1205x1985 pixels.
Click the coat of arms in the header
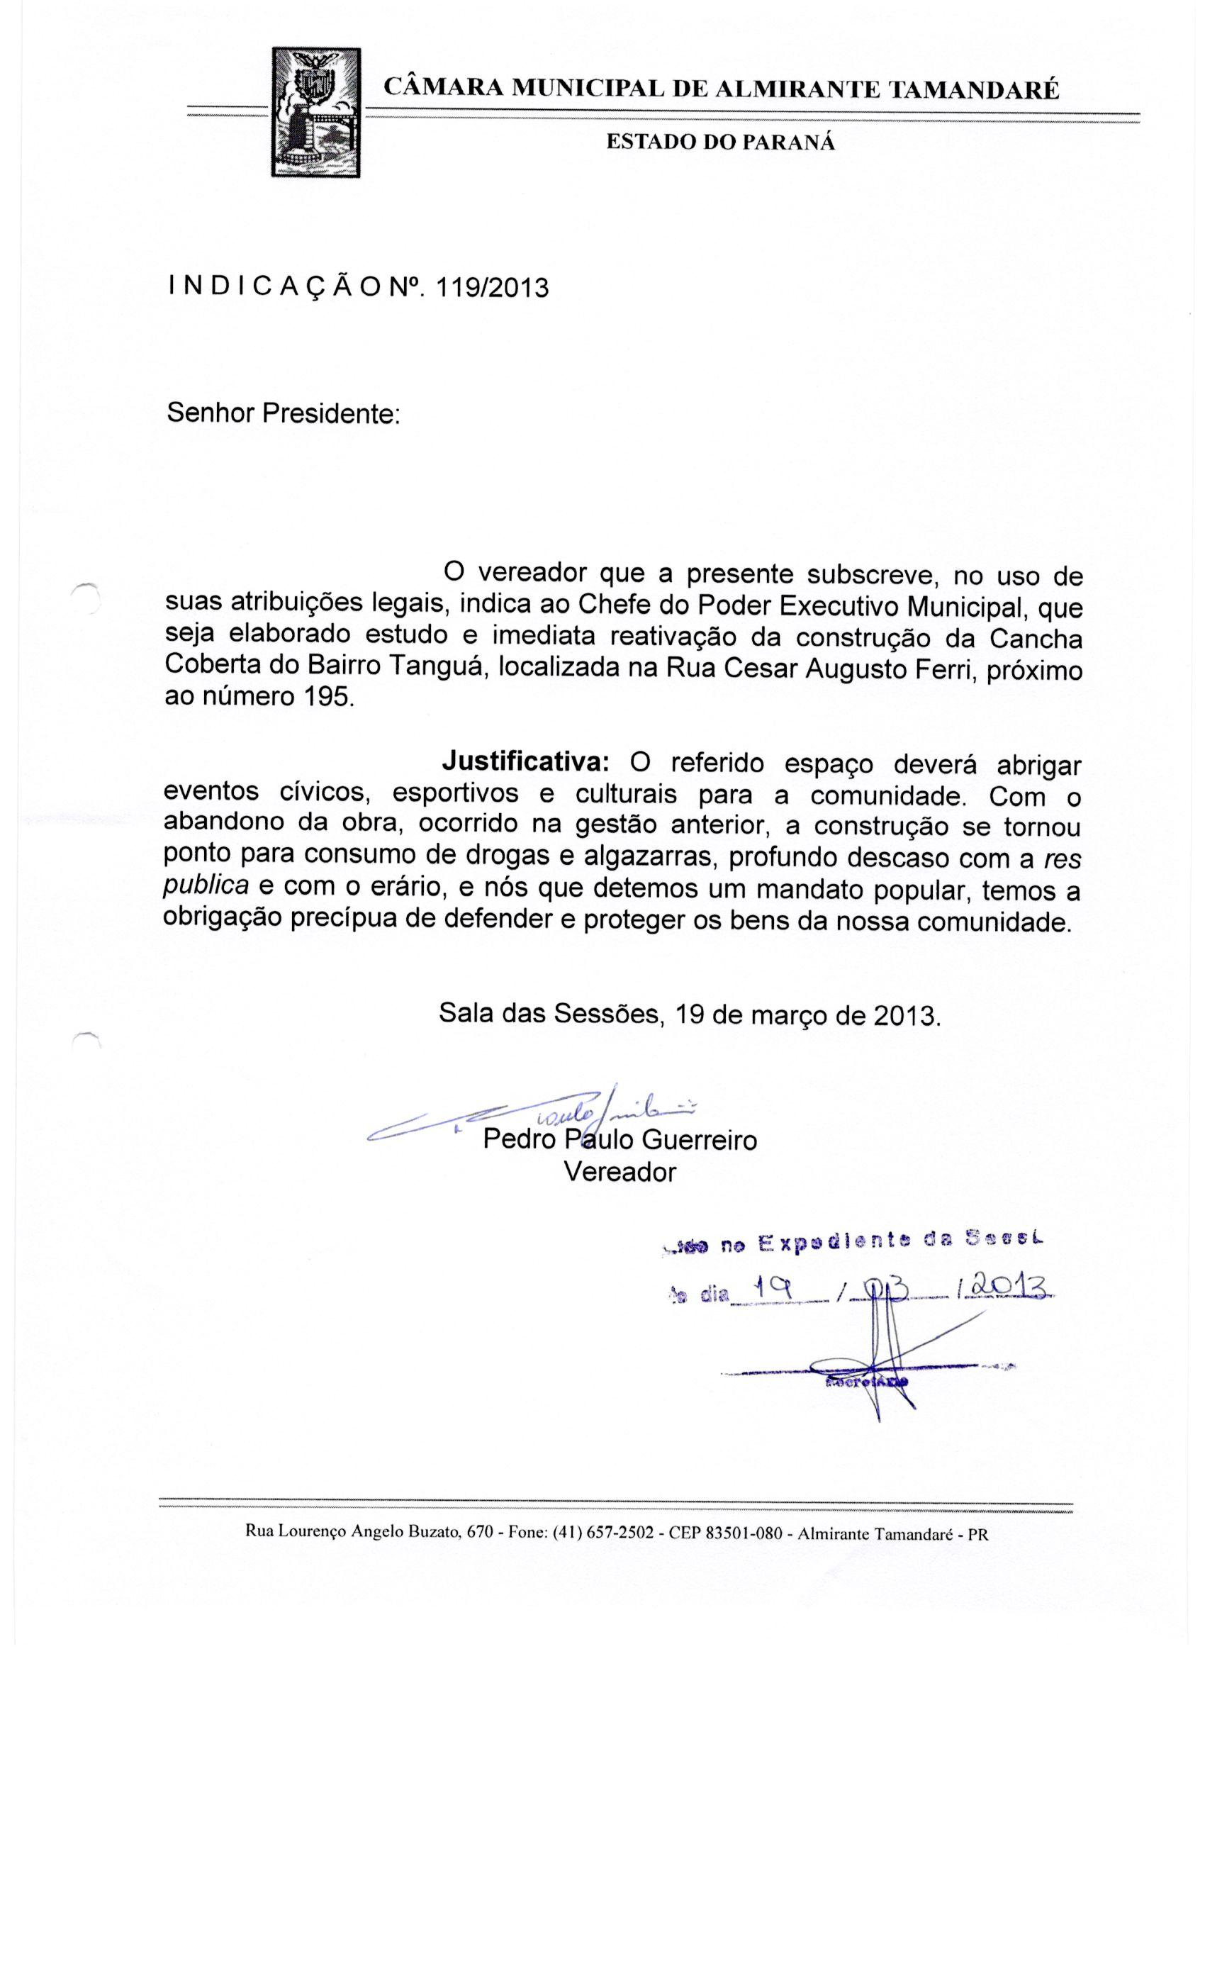click(x=315, y=112)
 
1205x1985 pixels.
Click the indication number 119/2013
click(x=491, y=288)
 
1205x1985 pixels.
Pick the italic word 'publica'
click(x=206, y=886)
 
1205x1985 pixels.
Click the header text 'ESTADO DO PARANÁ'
click(x=720, y=142)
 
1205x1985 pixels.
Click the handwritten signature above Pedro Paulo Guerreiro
click(x=548, y=1115)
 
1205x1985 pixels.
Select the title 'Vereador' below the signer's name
click(x=620, y=1170)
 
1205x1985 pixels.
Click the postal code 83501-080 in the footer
click(x=744, y=1532)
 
